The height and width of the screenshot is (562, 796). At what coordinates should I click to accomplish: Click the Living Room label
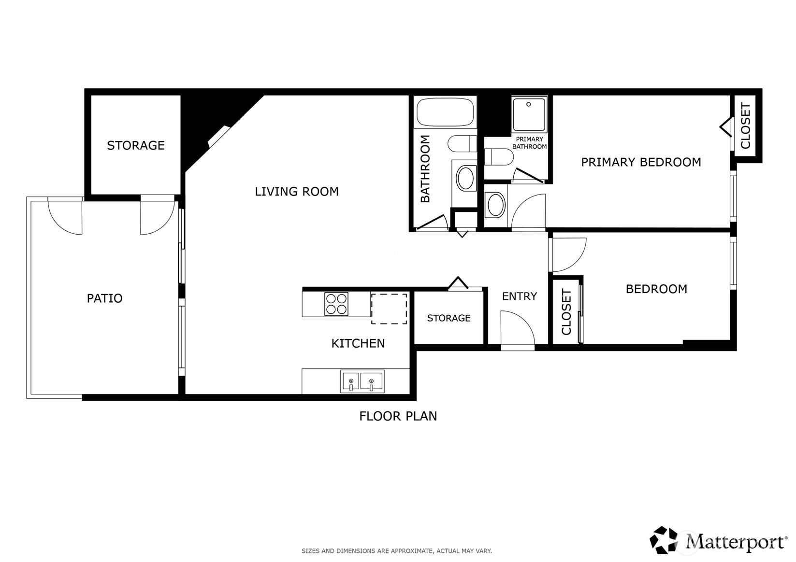(297, 192)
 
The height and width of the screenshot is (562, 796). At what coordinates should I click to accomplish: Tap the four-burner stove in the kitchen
(336, 304)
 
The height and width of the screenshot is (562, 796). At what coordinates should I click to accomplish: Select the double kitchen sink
(362, 381)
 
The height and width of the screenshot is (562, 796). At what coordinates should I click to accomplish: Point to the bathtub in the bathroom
(445, 112)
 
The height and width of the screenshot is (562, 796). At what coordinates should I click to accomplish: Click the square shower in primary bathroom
(529, 114)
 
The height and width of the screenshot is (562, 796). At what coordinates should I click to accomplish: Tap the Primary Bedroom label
(641, 162)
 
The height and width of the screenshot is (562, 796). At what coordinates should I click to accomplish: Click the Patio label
(105, 298)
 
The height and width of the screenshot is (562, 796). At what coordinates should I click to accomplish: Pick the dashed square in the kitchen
(389, 309)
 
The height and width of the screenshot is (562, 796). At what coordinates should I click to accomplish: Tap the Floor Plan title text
(398, 416)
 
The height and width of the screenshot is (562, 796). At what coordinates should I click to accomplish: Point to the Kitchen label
(358, 343)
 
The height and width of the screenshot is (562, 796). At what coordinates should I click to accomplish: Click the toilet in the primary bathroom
(499, 157)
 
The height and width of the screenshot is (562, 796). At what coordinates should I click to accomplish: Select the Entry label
(520, 296)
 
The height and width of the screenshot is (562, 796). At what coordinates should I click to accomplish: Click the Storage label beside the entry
(449, 318)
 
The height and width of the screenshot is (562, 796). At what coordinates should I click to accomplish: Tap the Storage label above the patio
(136, 145)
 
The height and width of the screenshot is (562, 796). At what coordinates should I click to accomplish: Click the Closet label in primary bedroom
(745, 126)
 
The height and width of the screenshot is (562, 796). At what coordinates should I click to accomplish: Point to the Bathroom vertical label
(425, 169)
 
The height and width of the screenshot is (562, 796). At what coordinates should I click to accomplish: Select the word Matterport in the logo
(736, 542)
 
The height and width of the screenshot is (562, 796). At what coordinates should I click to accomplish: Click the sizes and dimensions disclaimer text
(397, 551)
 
